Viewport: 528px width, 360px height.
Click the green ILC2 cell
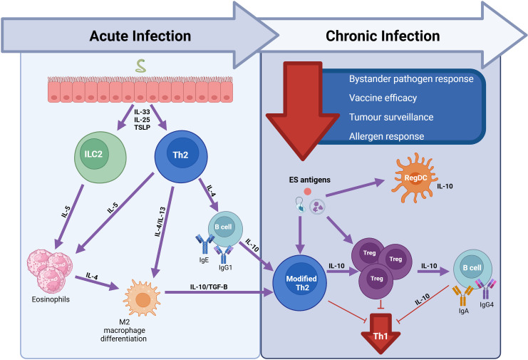(100, 158)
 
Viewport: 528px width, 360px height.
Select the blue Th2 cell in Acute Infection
(181, 157)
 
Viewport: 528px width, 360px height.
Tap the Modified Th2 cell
(300, 283)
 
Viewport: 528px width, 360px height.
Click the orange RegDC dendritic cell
(415, 178)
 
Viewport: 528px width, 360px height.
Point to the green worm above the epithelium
(141, 66)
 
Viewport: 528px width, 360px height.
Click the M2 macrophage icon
(142, 297)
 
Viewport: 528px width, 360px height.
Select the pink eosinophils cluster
(50, 271)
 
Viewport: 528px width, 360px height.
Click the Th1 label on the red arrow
(381, 336)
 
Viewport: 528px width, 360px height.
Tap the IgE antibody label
(204, 260)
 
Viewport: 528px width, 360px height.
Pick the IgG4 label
(487, 305)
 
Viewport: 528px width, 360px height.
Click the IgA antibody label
(464, 311)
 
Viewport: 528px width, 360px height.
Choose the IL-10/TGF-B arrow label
(209, 287)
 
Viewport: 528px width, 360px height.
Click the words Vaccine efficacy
(383, 98)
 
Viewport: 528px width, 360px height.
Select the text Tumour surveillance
(391, 117)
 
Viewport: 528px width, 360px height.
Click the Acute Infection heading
(140, 36)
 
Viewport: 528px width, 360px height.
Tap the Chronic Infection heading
(383, 36)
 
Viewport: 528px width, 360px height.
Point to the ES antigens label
(310, 180)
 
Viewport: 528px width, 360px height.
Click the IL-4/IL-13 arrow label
(160, 222)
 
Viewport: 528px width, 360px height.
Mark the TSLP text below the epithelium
(142, 128)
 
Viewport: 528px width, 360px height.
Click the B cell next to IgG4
(472, 269)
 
